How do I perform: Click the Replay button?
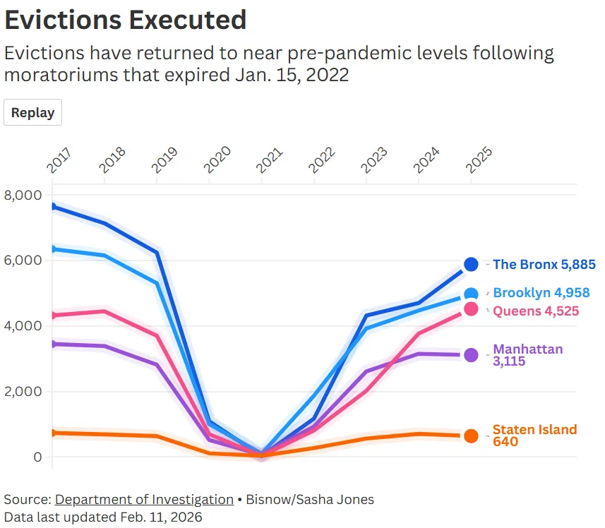pyautogui.click(x=32, y=113)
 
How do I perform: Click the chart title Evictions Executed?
pyautogui.click(x=126, y=19)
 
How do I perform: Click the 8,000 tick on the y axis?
pyautogui.click(x=23, y=195)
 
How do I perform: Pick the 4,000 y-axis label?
pyautogui.click(x=23, y=326)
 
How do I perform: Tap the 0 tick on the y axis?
pyautogui.click(x=37, y=457)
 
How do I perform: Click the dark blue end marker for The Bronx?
pyautogui.click(x=471, y=265)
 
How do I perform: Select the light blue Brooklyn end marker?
pyautogui.click(x=471, y=294)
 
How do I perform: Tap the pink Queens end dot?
pyautogui.click(x=471, y=309)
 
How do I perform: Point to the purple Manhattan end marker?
pyautogui.click(x=471, y=355)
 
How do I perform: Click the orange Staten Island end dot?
pyautogui.click(x=471, y=436)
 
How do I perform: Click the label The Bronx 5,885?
pyautogui.click(x=544, y=265)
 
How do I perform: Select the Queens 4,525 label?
pyautogui.click(x=537, y=310)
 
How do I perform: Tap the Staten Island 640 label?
pyautogui.click(x=534, y=436)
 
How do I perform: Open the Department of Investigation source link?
pyautogui.click(x=144, y=500)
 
